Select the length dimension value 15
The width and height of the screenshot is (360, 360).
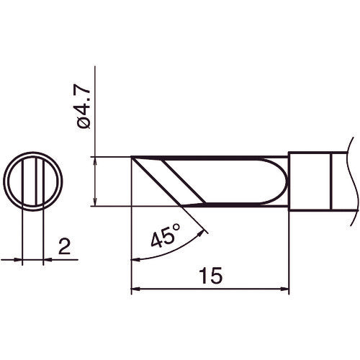[211, 275]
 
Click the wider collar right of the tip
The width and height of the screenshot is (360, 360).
[310, 180]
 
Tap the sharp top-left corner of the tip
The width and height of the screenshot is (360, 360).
[132, 156]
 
